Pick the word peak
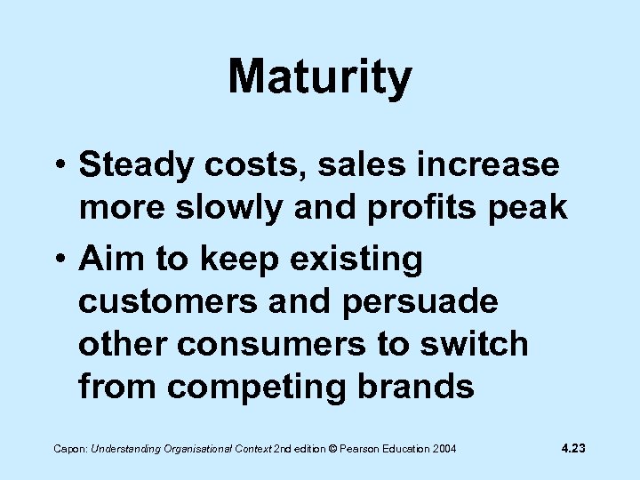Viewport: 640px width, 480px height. tap(531, 207)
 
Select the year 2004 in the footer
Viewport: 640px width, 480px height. tap(442, 449)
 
